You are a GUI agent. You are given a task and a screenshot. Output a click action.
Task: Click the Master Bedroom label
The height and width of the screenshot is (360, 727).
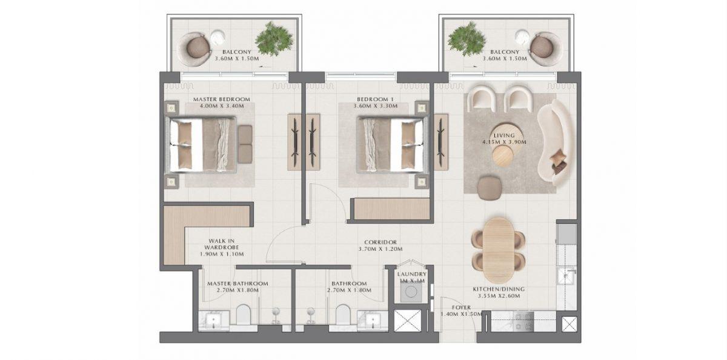point(222,99)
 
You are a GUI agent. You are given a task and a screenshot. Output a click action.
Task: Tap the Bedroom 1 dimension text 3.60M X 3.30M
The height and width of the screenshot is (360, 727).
point(376,106)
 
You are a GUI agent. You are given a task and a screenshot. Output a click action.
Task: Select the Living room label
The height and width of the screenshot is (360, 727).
point(504,135)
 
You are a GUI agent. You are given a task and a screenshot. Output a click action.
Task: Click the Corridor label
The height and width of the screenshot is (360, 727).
point(380,242)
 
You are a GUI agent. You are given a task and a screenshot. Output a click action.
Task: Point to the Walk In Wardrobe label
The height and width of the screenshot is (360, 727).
point(222,244)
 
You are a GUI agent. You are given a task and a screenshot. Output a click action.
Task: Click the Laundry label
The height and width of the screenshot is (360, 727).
point(411,275)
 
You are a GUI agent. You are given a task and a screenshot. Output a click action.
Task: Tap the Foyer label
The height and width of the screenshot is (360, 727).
point(461,307)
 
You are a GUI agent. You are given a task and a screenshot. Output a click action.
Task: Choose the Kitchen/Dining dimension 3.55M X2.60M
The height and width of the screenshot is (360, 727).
point(499,296)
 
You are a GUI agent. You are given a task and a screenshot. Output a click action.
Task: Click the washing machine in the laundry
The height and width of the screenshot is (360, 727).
point(411,291)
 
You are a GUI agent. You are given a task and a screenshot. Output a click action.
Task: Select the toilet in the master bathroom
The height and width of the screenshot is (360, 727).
point(244,315)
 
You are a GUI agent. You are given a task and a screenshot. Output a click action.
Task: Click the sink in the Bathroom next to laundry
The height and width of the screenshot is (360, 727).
point(372,320)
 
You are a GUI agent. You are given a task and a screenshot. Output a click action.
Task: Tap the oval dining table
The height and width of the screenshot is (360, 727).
point(498,250)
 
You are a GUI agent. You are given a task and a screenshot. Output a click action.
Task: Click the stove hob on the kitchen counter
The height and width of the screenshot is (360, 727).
point(523,321)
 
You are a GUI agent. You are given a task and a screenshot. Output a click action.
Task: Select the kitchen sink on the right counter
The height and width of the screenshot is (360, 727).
point(566,276)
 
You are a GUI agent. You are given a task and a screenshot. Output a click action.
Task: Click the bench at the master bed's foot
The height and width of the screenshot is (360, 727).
point(245,144)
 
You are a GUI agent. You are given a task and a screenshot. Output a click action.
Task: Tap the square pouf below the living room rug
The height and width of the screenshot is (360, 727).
point(490,188)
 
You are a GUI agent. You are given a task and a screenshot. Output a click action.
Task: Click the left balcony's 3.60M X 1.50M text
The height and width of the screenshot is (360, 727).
point(237,59)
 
